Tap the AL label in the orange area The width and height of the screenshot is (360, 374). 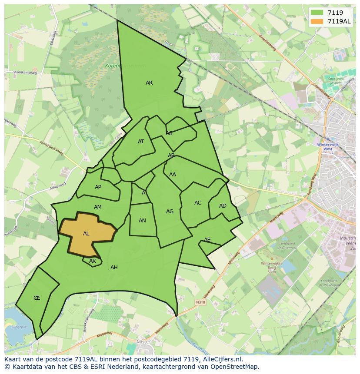coord(86,234)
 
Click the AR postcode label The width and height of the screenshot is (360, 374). coord(149,83)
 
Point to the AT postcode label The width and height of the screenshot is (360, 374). coord(141,142)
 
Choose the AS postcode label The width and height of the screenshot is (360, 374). coord(169,133)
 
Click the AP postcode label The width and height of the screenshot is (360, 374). coord(98,187)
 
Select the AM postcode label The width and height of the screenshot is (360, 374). coord(97,207)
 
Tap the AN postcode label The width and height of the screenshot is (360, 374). coord(142,221)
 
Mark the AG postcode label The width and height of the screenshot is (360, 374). coord(170,212)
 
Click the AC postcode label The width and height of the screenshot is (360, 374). coord(198,203)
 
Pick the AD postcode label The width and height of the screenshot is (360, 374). coord(223,206)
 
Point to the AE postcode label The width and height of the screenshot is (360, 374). coord(207,240)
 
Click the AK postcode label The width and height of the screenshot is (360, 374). coord(92,261)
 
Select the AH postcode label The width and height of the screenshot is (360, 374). coord(114,268)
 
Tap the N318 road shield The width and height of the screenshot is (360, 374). coord(200,302)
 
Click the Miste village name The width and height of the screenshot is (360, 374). coord(142,342)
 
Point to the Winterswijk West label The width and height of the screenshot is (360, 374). coord(325,146)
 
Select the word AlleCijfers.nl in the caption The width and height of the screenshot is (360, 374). coord(224,359)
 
